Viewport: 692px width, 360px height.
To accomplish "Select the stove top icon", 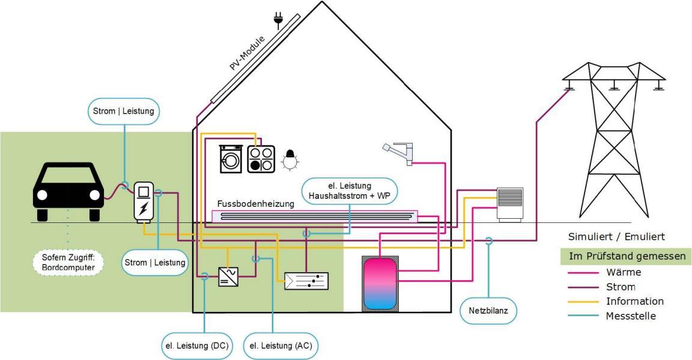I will pos(261,159).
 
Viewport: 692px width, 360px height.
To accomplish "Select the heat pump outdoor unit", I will pos(509,204).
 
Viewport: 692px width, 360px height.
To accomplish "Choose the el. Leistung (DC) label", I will pos(205,346).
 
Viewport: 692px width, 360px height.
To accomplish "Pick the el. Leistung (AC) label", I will pos(281,346).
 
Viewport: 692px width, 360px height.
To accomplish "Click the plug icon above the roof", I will pos(278,20).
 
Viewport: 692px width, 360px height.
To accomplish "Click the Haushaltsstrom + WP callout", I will pos(350,191).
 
